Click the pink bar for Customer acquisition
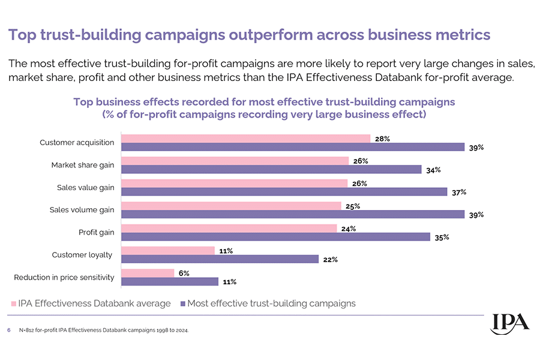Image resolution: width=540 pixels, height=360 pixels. coord(245,139)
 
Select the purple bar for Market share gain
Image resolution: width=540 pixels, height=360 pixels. coord(271,169)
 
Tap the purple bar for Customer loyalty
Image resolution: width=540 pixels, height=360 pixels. coord(220,259)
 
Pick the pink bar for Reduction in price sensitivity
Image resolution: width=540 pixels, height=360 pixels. coord(148,273)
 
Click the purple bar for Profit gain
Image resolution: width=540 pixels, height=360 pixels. coord(275,236)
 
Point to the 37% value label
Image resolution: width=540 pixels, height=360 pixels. coord(459,192)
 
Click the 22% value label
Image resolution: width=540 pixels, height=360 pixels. coord(331,260)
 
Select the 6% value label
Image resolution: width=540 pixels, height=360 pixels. coord(184,273)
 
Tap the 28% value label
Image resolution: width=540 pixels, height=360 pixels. coord(382,139)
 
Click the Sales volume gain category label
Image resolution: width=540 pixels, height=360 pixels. coord(82,210)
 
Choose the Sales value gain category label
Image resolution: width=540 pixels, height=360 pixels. coord(85,188)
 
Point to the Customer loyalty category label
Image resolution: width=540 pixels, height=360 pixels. coord(82,255)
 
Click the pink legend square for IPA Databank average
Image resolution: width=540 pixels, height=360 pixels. coord(13,304)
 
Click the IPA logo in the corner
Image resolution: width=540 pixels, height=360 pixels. coord(510,322)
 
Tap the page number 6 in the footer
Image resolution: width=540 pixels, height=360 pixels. coord(9,330)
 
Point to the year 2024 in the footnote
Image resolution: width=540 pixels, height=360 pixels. coord(179,330)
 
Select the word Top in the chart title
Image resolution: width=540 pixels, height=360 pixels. coord(83,101)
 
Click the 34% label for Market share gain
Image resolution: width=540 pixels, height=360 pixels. coord(433,170)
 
